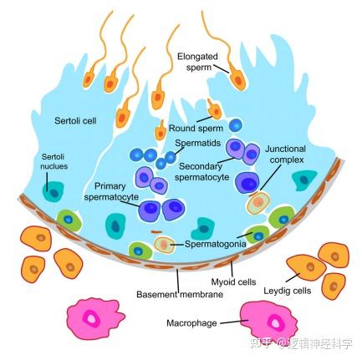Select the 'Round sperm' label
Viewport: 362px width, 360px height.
click(x=194, y=129)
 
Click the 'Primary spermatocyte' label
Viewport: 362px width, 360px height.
click(x=110, y=191)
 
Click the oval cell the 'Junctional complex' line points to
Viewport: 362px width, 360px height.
click(x=258, y=202)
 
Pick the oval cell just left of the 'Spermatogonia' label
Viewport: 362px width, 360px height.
click(x=165, y=244)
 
